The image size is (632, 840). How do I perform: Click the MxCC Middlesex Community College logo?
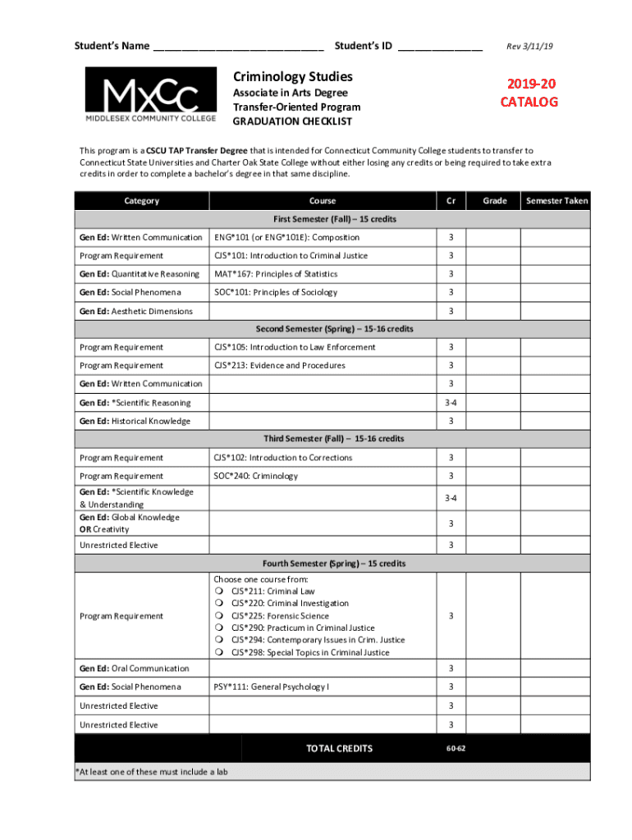pyautogui.click(x=151, y=94)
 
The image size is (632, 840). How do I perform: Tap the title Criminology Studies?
pyautogui.click(x=293, y=76)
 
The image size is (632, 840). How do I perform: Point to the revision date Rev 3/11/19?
pyautogui.click(x=529, y=46)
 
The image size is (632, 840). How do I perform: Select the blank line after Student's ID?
pyautogui.click(x=440, y=48)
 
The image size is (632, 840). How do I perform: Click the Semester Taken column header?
pyautogui.click(x=557, y=201)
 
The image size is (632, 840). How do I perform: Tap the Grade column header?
pyautogui.click(x=494, y=201)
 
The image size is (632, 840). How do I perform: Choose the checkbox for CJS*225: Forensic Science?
pyautogui.click(x=219, y=616)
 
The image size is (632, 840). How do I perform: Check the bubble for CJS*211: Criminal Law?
pyautogui.click(x=219, y=591)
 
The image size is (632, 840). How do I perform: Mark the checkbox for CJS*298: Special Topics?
pyautogui.click(x=219, y=653)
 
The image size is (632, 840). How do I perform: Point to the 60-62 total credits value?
pyautogui.click(x=456, y=748)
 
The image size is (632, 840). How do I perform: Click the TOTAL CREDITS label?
pyautogui.click(x=339, y=748)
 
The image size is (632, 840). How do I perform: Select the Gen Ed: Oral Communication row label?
pyautogui.click(x=134, y=669)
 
